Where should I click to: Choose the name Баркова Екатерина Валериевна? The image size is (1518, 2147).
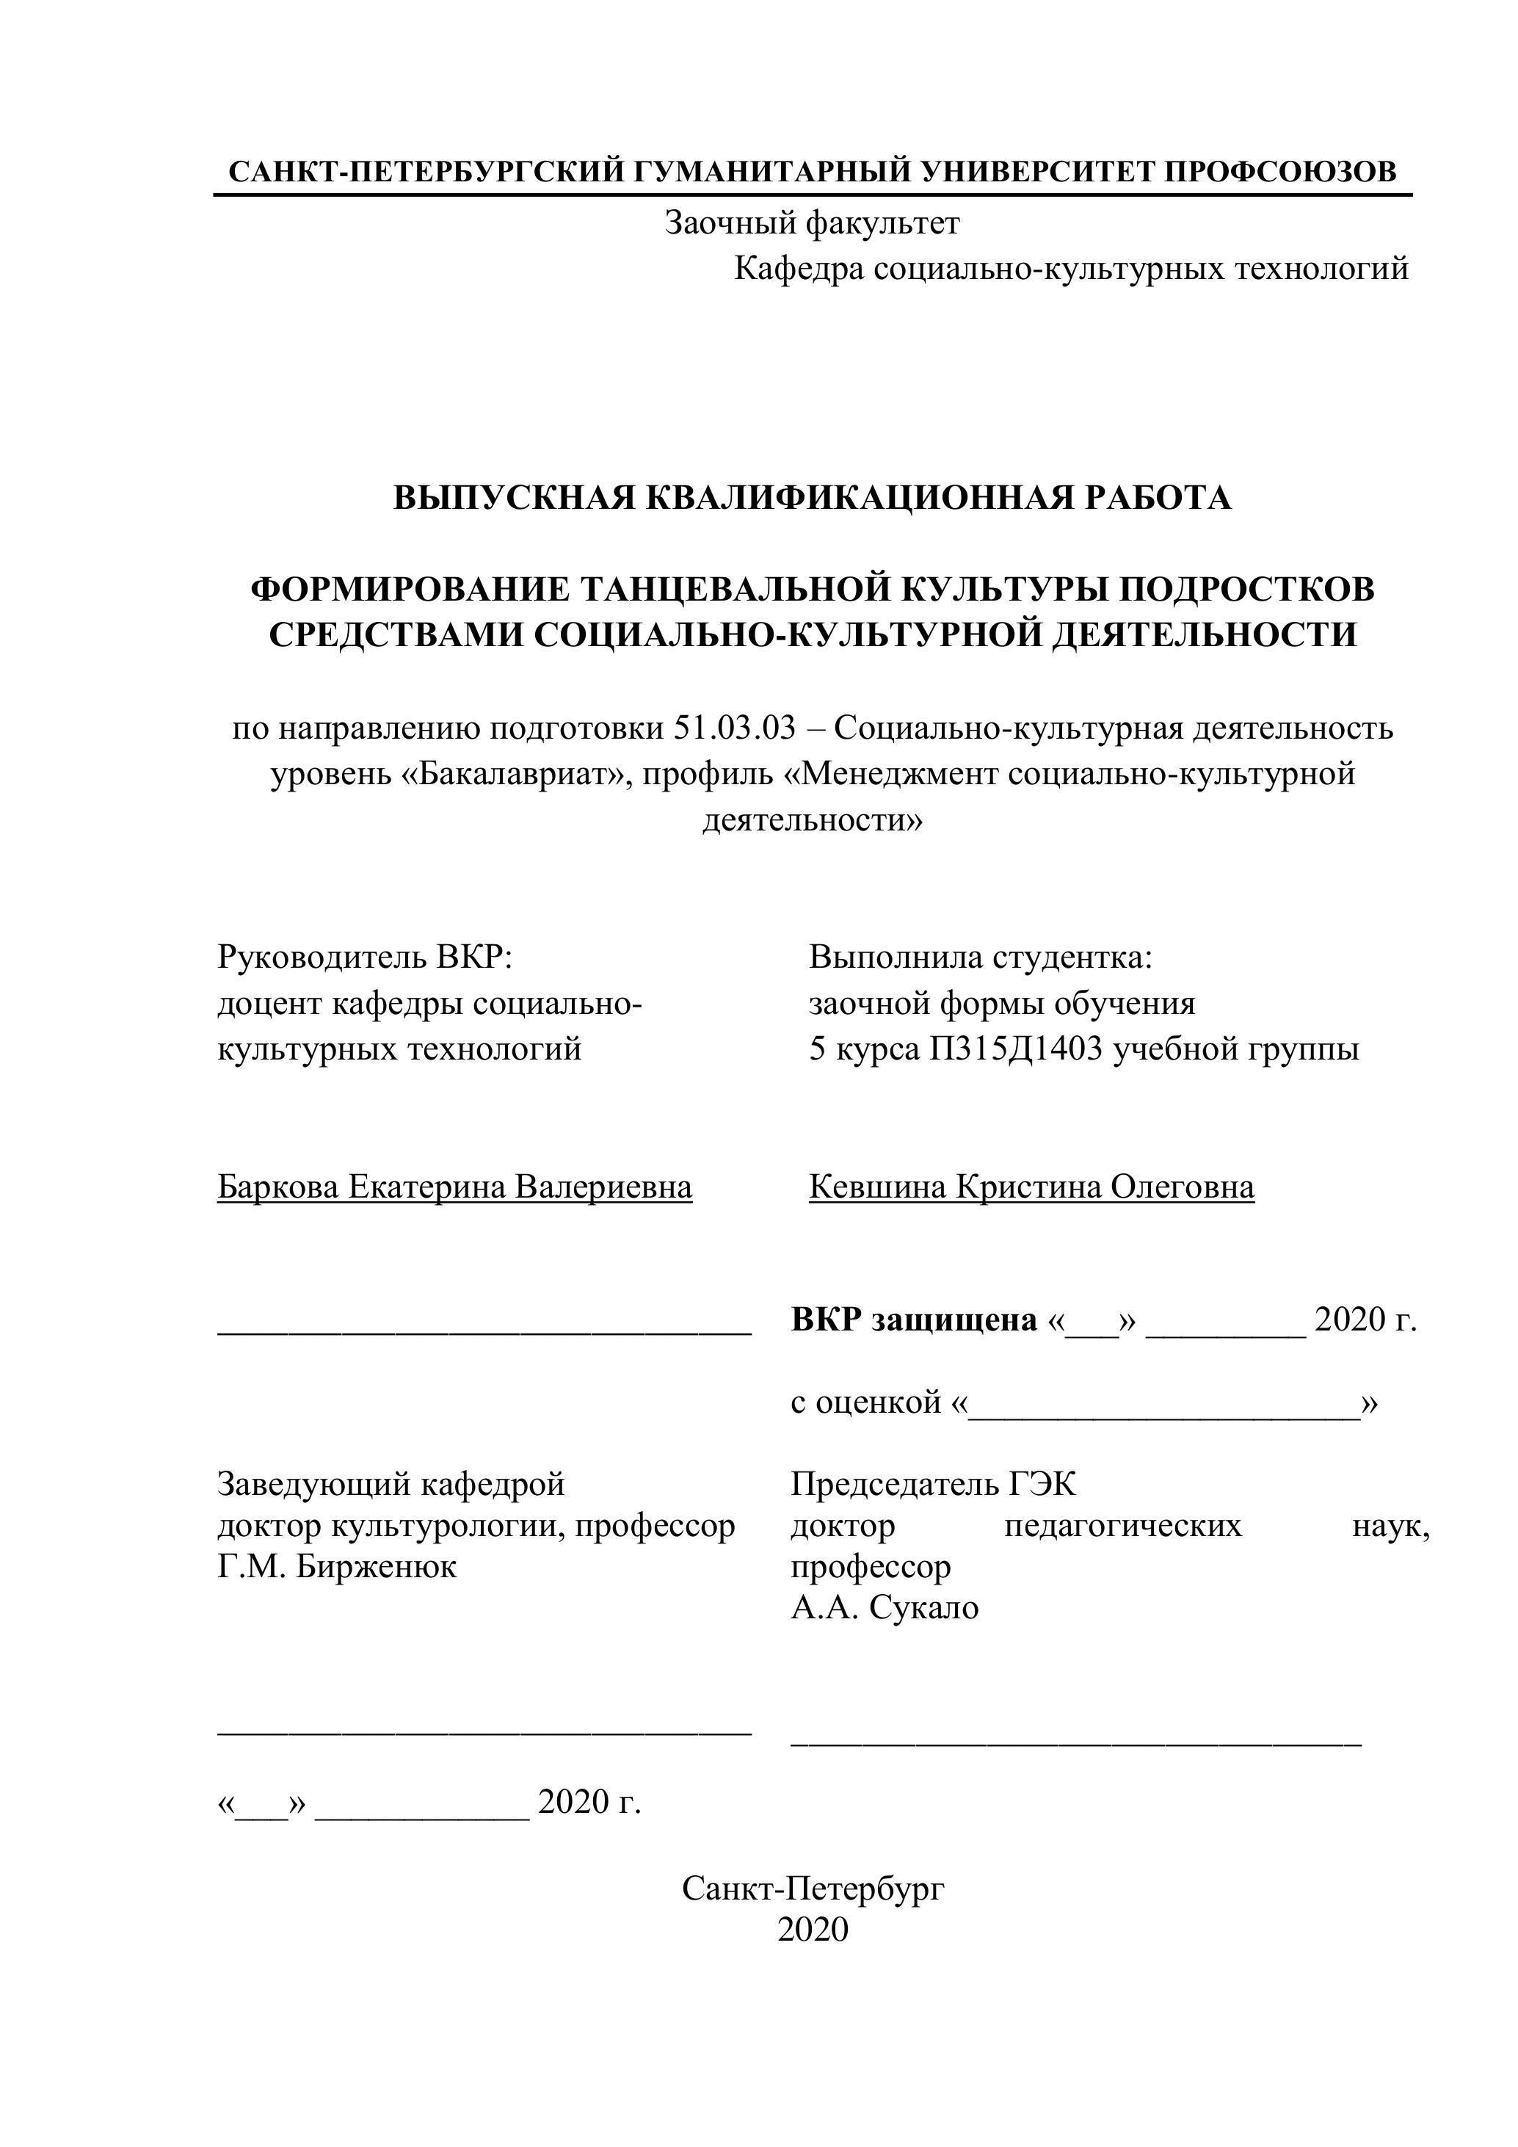click(454, 1187)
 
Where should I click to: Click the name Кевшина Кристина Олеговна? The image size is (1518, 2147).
click(1031, 1187)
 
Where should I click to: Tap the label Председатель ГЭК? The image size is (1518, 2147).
click(933, 1484)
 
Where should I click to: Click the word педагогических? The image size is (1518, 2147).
click(1122, 1526)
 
